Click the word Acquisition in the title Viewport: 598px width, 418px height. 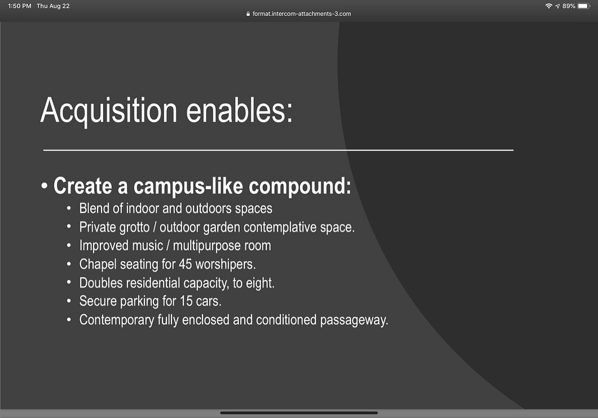(x=109, y=111)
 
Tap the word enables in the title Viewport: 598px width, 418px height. (x=239, y=110)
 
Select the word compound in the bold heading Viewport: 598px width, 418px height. (x=300, y=186)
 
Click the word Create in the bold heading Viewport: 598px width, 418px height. (x=83, y=186)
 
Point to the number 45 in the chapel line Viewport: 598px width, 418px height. (x=186, y=264)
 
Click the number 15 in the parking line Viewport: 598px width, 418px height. (x=186, y=301)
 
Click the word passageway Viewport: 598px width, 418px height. (x=354, y=320)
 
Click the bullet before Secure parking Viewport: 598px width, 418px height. (x=69, y=301)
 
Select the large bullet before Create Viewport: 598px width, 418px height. (x=45, y=186)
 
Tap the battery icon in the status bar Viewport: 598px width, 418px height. (x=584, y=6)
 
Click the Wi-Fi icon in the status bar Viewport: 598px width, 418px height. (x=549, y=6)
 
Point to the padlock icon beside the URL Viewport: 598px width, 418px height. (x=248, y=14)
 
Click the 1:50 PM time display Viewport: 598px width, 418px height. (x=20, y=6)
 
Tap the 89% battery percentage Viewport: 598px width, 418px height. (x=569, y=6)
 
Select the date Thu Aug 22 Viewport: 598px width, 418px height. (x=53, y=6)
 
